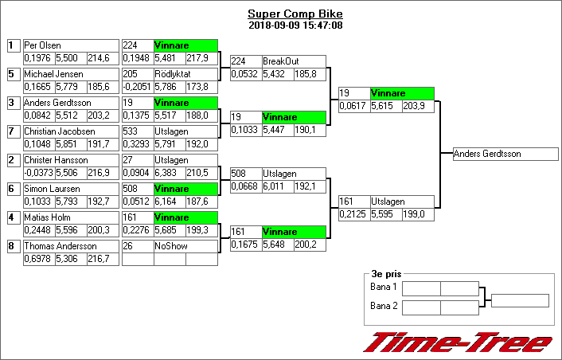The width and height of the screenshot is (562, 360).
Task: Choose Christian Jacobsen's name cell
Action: click(54, 131)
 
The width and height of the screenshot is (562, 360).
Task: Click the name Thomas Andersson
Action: click(55, 246)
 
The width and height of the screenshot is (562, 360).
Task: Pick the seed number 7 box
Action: click(13, 131)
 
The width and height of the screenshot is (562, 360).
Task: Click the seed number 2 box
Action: click(13, 160)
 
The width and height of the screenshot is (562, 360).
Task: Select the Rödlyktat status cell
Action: click(185, 74)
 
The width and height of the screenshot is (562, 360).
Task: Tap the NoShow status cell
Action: click(185, 246)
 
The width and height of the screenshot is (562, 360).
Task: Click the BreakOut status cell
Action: click(294, 61)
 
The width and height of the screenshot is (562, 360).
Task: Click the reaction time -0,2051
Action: click(137, 86)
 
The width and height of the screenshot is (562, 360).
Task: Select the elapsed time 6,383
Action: click(169, 172)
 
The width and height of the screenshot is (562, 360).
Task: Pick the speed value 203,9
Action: click(417, 105)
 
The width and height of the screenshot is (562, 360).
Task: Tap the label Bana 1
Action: click(384, 288)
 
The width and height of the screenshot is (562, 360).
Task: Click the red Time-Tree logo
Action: click(457, 342)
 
